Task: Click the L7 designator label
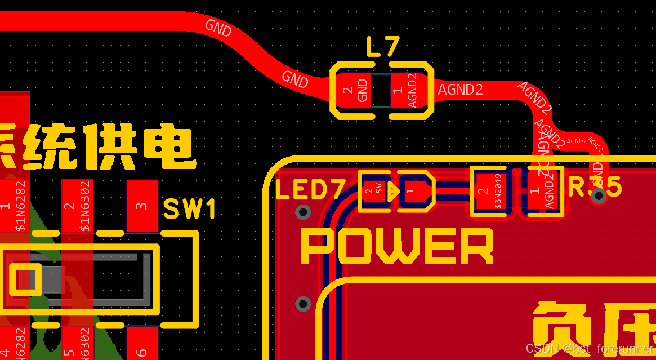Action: point(382,47)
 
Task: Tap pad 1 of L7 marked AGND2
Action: point(405,90)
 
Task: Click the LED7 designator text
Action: point(309,190)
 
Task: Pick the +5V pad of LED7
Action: point(374,192)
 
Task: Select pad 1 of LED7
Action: point(414,192)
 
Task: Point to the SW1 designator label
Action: point(190,210)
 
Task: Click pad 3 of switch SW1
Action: point(142,206)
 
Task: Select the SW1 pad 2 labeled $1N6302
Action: point(77,206)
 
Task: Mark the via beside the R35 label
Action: point(599,195)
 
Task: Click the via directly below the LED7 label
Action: point(304,212)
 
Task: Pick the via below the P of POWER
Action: point(304,304)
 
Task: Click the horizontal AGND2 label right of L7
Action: point(460,90)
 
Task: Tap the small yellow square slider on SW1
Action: point(24,279)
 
